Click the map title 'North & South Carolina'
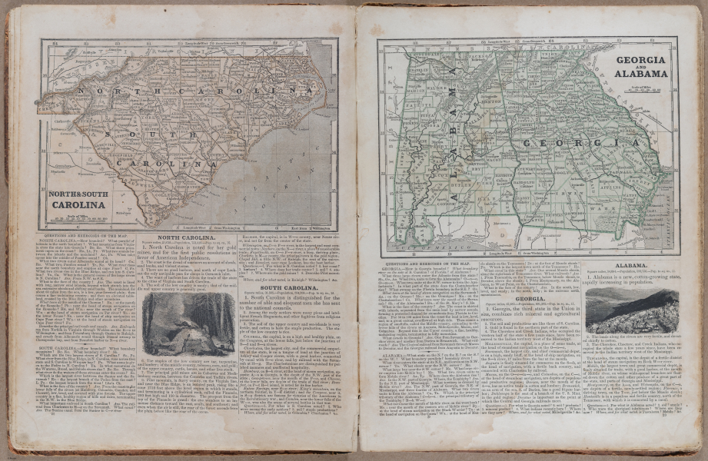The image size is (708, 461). pyautogui.click(x=78, y=200)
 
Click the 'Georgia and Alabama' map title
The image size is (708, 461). pyautogui.click(x=640, y=66)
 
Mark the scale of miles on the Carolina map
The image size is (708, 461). pyautogui.click(x=78, y=217)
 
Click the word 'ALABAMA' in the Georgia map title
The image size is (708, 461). pyautogui.click(x=640, y=74)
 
